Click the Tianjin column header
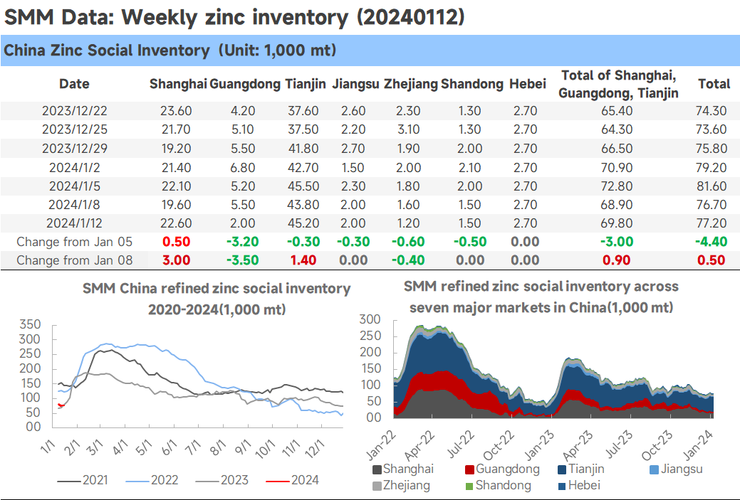point(305,84)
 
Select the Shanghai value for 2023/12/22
point(176,111)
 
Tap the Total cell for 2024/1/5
point(712,186)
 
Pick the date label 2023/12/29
point(75,149)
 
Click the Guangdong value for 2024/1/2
point(243,168)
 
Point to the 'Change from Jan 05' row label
point(75,242)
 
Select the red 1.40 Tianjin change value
point(303,260)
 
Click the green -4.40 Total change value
point(712,242)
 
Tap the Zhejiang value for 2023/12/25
point(408,129)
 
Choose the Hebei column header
point(528,84)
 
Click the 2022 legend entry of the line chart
point(152,480)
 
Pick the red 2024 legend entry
point(293,480)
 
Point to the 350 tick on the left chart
point(30,324)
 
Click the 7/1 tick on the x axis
point(192,447)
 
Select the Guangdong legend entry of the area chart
point(502,469)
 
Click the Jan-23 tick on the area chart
point(539,445)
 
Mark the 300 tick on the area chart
point(370,319)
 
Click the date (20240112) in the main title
point(410,18)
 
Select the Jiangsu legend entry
point(676,469)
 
